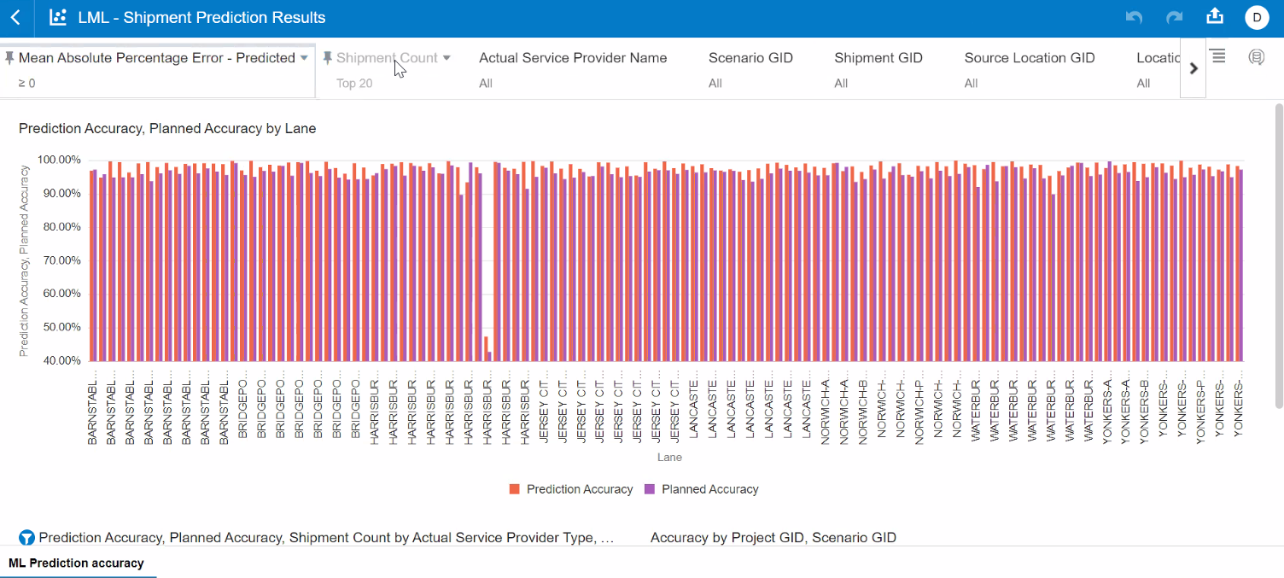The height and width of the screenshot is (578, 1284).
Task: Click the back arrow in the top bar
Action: click(x=15, y=18)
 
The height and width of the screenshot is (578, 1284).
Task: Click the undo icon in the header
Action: click(x=1135, y=18)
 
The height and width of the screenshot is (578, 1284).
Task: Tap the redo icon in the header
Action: click(x=1175, y=18)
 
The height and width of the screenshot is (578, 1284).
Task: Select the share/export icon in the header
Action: click(x=1214, y=17)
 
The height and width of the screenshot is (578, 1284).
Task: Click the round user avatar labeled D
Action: click(x=1257, y=18)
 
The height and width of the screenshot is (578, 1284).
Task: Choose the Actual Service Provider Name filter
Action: click(x=573, y=58)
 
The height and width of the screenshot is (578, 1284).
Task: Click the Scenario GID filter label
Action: click(x=750, y=58)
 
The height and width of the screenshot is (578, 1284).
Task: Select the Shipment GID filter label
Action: click(x=878, y=58)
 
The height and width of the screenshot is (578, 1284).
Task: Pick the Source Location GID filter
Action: click(x=1029, y=58)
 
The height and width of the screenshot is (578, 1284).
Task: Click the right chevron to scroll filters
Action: click(x=1194, y=68)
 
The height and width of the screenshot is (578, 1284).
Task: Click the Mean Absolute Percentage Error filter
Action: click(x=157, y=58)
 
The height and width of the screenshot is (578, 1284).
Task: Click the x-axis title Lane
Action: click(x=669, y=458)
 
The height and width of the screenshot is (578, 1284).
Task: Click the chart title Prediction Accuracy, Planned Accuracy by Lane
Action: click(x=167, y=129)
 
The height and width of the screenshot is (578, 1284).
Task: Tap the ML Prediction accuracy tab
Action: click(x=76, y=563)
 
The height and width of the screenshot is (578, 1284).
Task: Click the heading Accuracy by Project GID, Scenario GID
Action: click(x=773, y=538)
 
